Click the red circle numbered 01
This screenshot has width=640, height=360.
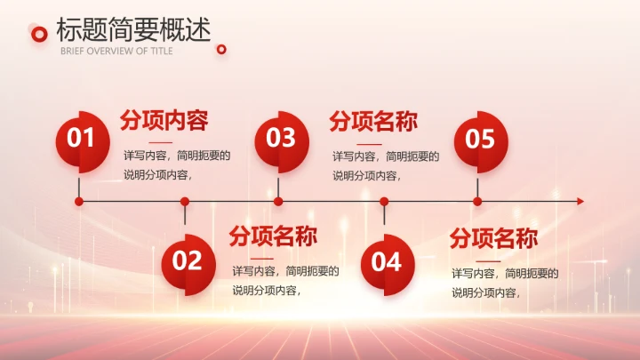click(x=81, y=139)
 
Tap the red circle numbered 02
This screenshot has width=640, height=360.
click(x=188, y=261)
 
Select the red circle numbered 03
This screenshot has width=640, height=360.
click(x=281, y=139)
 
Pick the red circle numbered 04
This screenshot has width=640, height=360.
click(x=387, y=261)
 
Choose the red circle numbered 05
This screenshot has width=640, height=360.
click(x=480, y=139)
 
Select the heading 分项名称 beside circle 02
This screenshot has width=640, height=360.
click(x=273, y=236)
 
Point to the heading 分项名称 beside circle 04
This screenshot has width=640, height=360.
click(x=493, y=238)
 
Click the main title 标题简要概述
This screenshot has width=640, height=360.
click(x=133, y=29)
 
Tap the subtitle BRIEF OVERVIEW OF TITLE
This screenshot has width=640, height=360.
click(x=116, y=51)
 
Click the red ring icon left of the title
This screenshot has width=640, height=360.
click(x=38, y=34)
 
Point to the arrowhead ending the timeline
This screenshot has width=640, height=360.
click(x=580, y=202)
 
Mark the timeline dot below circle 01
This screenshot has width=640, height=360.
click(x=79, y=202)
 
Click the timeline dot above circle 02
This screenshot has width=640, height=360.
click(x=185, y=202)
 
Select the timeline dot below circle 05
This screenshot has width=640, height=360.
click(x=477, y=202)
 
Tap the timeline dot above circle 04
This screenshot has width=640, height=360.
click(x=384, y=202)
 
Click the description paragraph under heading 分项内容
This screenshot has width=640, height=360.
click(x=176, y=164)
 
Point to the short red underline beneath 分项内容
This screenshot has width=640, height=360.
click(x=161, y=142)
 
